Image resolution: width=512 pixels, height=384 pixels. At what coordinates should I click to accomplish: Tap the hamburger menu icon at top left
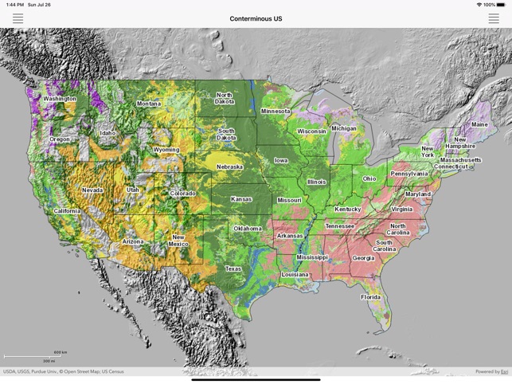(18, 18)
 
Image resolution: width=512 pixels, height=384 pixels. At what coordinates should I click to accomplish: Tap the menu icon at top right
(494, 18)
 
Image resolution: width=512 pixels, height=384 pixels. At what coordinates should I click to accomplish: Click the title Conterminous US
(256, 18)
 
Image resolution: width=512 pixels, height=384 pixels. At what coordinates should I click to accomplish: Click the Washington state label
(60, 99)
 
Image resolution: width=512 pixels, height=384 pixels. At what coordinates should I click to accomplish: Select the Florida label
(370, 297)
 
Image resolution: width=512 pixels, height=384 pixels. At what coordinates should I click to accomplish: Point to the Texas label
(233, 268)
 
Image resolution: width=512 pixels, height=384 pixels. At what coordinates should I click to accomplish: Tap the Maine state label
(479, 124)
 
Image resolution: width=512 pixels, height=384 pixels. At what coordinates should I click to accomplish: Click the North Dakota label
(225, 98)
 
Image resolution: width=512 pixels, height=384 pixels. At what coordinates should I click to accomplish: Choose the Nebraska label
(229, 167)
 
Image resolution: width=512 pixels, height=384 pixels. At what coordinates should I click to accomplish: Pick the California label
(67, 211)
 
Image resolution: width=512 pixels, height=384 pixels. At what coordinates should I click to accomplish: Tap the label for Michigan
(344, 128)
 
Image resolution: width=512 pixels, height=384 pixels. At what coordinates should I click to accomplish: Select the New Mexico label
(178, 241)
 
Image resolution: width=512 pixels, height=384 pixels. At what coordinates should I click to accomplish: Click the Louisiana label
(295, 274)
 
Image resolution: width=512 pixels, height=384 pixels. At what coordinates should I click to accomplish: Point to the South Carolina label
(384, 245)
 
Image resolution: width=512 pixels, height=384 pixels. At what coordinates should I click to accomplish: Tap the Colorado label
(182, 194)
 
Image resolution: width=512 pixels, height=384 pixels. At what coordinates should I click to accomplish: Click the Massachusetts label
(460, 159)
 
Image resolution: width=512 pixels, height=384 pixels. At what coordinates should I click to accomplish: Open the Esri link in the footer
(504, 371)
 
